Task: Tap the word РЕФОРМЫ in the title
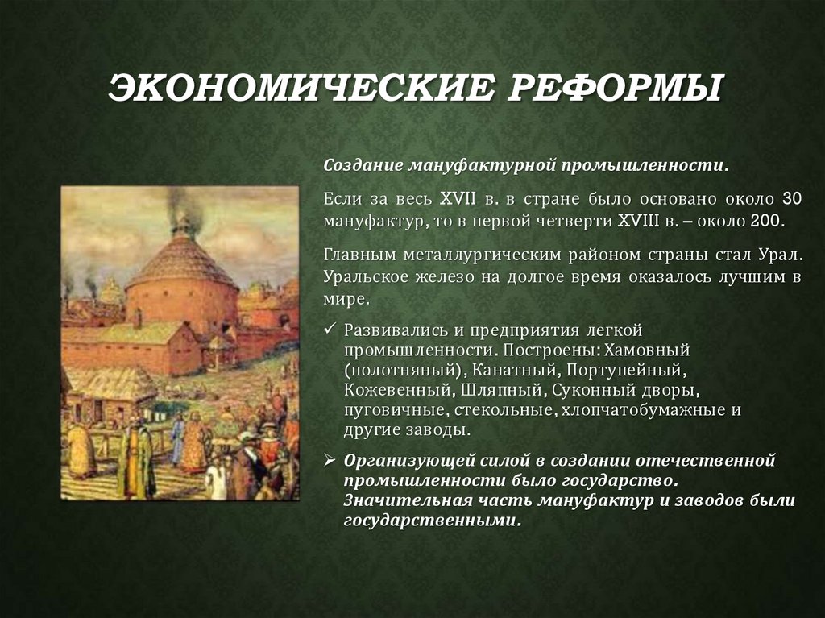tap(611, 89)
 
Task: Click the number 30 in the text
tap(792, 198)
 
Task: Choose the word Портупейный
tap(625, 371)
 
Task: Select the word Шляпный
tap(505, 391)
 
